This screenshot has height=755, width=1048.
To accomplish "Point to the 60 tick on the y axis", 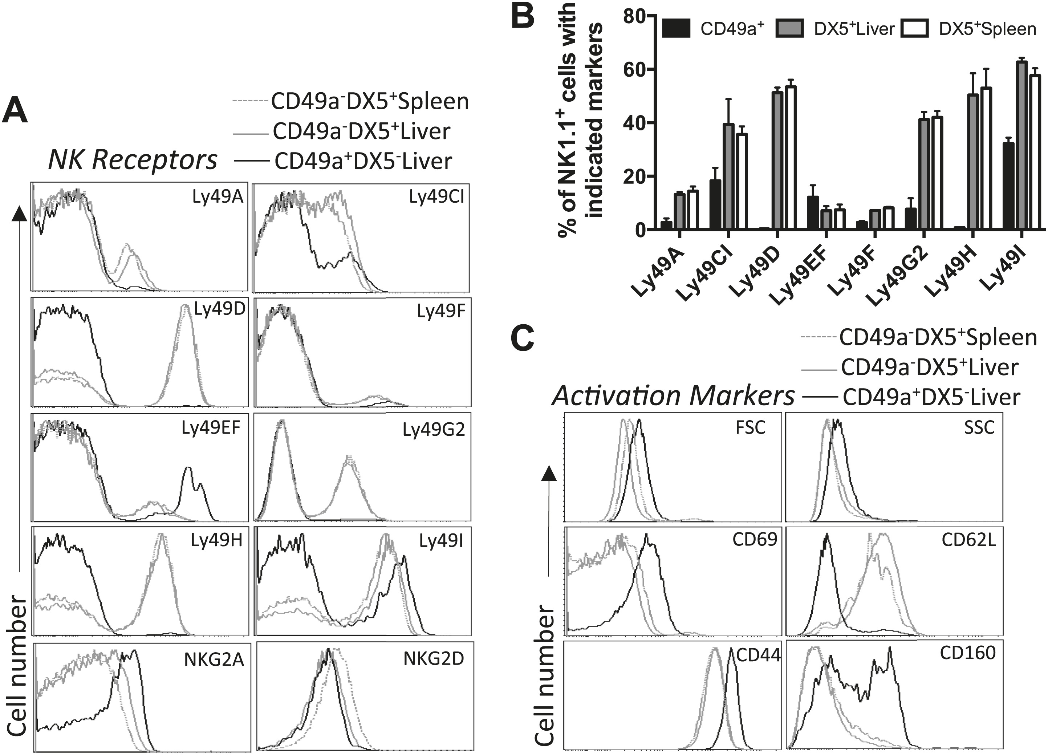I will (x=634, y=70).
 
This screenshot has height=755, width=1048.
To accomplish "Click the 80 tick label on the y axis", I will (x=634, y=16).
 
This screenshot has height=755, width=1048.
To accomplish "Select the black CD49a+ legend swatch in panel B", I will (x=676, y=29).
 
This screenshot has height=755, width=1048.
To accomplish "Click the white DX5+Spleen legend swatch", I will (x=914, y=29).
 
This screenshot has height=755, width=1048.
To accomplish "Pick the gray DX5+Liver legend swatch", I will (x=789, y=29).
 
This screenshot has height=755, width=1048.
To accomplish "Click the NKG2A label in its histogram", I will (x=214, y=660).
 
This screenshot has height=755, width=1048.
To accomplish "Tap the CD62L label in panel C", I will (x=968, y=540).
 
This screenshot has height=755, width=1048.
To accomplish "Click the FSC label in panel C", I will (x=751, y=427).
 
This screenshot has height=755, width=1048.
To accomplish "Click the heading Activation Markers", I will (x=673, y=396).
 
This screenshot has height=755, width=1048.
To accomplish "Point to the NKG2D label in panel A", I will (x=434, y=659).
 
